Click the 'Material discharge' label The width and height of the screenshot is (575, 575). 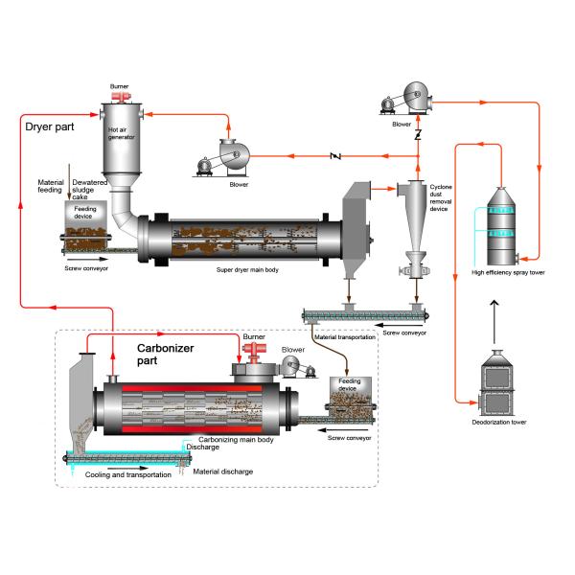pos(223,471)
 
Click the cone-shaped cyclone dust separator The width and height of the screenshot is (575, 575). pos(415,220)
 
